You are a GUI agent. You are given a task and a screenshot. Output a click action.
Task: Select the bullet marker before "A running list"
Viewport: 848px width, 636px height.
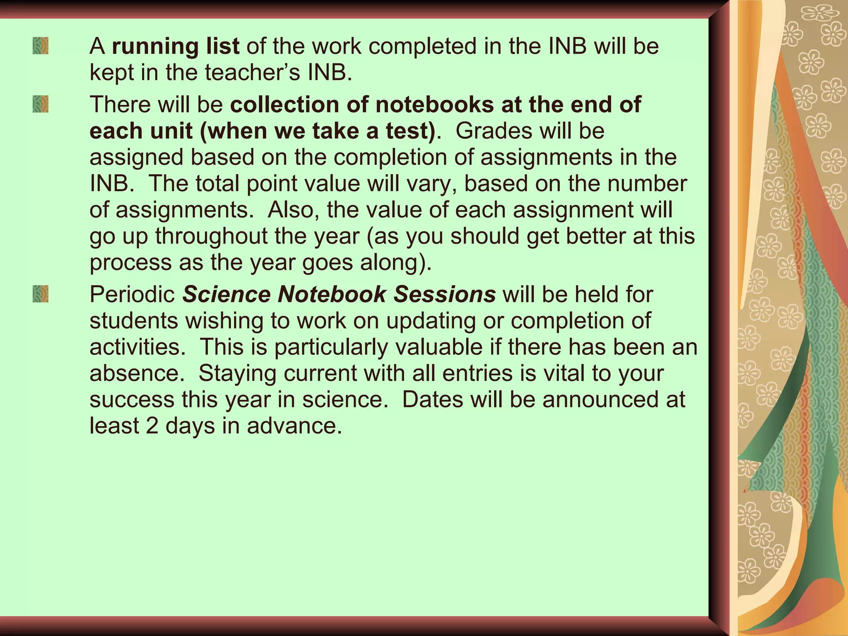(41, 46)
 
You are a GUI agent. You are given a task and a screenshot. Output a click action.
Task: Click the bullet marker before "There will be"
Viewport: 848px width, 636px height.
(41, 104)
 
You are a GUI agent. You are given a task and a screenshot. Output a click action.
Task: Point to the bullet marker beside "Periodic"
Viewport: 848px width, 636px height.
(41, 294)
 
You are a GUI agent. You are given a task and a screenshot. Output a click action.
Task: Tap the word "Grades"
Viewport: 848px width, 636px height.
(490, 131)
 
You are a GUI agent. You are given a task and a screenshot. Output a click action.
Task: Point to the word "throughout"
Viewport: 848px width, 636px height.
(211, 236)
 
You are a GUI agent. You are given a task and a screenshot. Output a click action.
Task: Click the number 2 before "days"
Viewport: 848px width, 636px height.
(152, 426)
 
